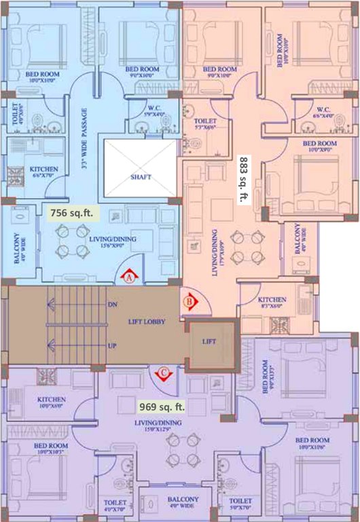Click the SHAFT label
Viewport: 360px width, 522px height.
pos(141,177)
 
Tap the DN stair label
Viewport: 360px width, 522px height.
pos(113,304)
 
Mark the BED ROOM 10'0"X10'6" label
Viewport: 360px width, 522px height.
pos(312,445)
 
